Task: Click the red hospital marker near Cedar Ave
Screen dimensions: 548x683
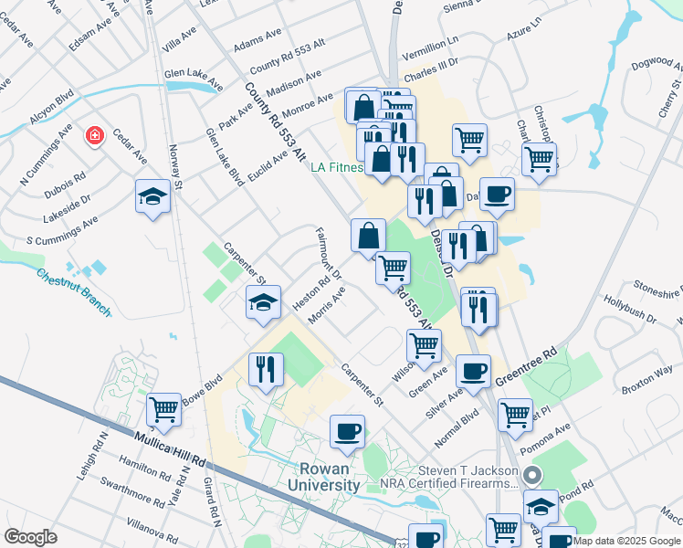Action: coord(93,137)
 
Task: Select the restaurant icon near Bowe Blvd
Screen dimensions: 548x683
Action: coord(266,369)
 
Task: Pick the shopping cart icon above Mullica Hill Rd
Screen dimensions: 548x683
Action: coord(163,409)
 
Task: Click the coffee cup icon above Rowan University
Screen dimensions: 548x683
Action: coord(347,431)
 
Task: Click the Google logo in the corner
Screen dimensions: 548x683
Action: coord(31,537)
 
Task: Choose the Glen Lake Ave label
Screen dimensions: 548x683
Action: coord(193,80)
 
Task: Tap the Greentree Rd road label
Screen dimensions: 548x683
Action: coord(527,365)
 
